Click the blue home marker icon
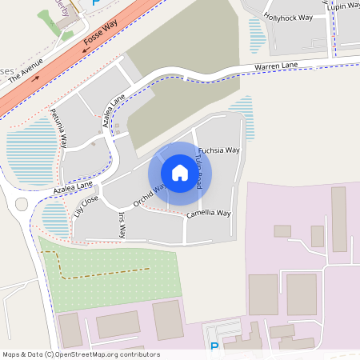point(180,173)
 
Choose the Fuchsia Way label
point(219,150)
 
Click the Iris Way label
point(122,226)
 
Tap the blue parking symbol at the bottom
point(214,346)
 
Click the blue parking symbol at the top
point(97,4)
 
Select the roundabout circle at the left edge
point(22,203)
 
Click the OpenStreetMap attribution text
point(81,354)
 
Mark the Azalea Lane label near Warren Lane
point(114,111)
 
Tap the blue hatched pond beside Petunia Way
point(32,152)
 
